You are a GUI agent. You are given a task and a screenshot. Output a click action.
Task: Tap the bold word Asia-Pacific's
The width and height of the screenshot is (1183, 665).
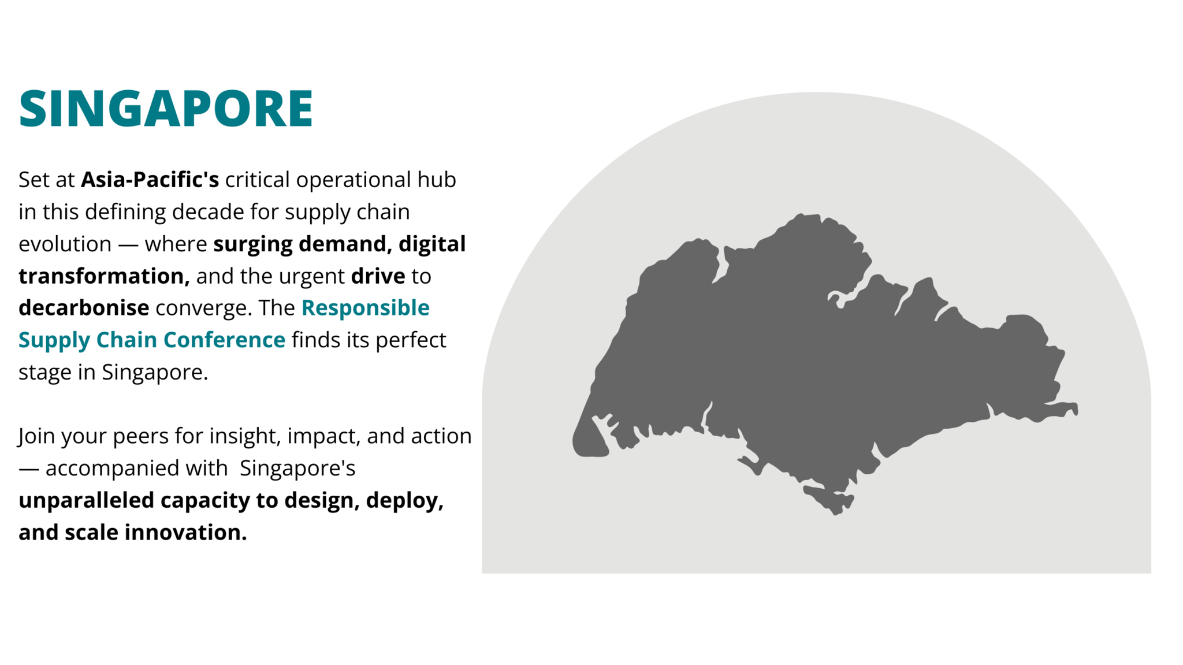coord(150,180)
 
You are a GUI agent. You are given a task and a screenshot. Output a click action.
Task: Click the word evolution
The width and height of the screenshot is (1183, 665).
coord(65,244)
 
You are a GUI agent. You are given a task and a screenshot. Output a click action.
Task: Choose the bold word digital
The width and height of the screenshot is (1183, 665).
coord(432,244)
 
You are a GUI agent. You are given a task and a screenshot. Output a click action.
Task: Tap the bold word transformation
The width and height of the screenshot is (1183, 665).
coord(104,276)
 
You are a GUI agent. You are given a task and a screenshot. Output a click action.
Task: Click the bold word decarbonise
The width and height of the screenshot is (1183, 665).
coord(84,308)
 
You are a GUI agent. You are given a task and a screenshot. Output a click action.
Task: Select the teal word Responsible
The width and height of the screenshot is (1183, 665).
coord(366,308)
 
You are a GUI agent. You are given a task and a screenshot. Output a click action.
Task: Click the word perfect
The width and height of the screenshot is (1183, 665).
coord(411,340)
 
